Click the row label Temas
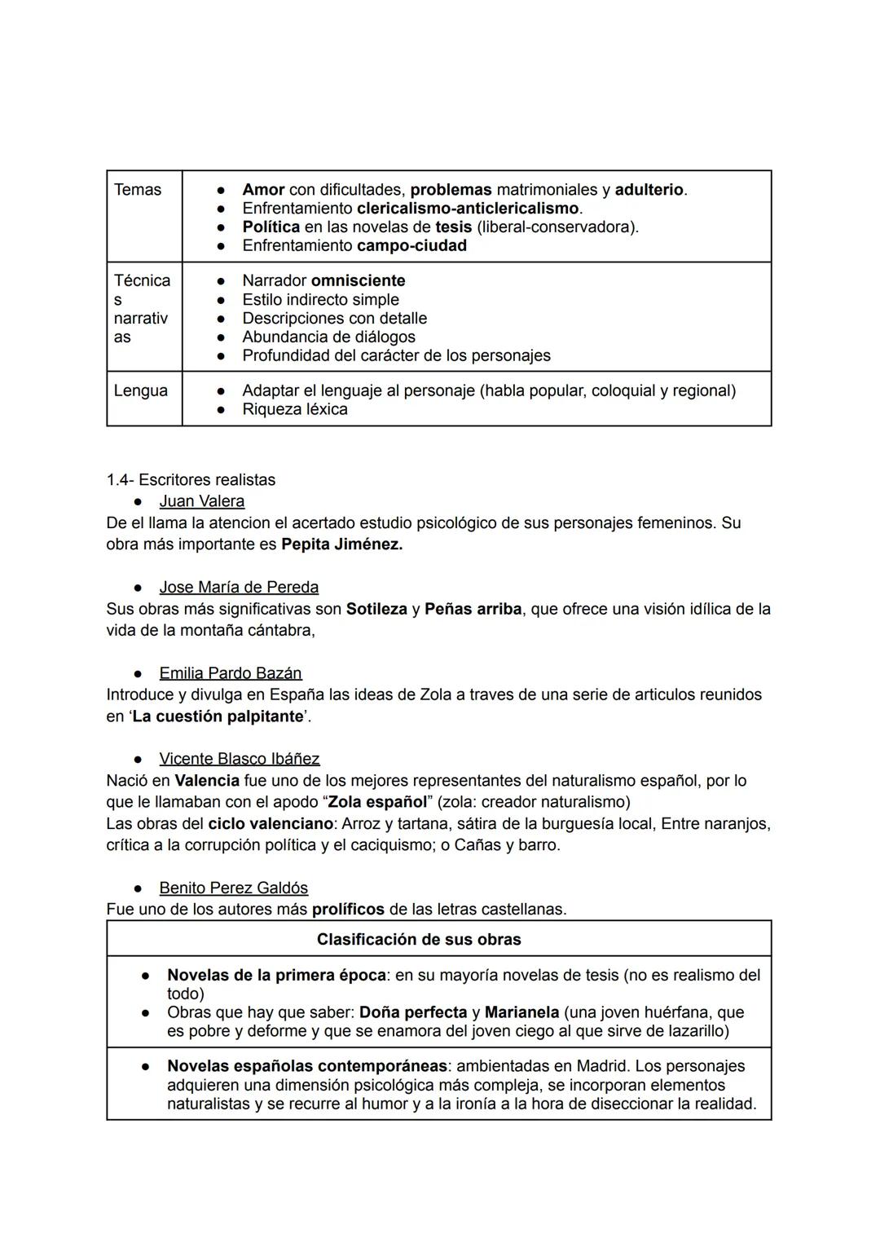coord(138,190)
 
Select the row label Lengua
coord(141,390)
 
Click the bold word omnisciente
coord(358,281)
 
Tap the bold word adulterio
coord(649,190)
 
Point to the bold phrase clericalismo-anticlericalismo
coord(468,209)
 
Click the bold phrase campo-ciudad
coord(411,246)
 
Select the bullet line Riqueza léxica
coord(294,409)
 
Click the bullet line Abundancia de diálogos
coord(328,337)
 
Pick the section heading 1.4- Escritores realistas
coord(191,480)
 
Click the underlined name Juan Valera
coord(201,501)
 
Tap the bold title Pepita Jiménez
coord(341,544)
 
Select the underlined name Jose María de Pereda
coord(239,588)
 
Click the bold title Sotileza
coord(376,609)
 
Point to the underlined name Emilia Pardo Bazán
coord(230,673)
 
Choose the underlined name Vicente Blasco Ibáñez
coord(239,759)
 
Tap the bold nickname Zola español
coord(377,802)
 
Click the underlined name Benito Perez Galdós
coord(233,888)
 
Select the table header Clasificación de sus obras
coord(419,939)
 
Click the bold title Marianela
coord(521,1012)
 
